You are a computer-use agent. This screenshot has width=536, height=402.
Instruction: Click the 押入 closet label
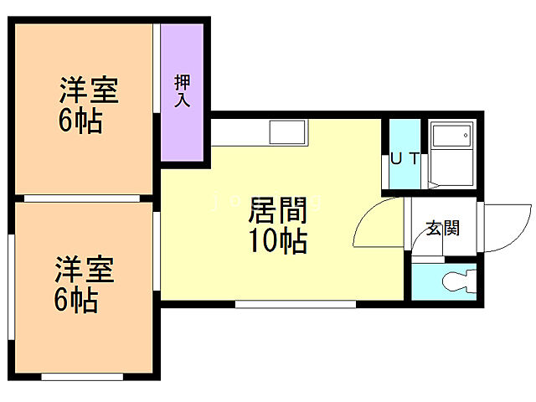pos(183,91)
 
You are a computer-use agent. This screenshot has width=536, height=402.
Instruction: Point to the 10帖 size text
pos(276,242)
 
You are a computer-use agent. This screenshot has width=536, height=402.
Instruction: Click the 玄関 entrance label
pos(442,228)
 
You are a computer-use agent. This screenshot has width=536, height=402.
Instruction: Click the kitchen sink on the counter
pos(287,132)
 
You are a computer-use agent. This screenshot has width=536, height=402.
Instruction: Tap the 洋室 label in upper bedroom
pos(88,90)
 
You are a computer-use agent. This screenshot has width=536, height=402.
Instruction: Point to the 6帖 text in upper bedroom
pos(80,122)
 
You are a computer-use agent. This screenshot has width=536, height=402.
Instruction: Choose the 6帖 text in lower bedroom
pos(77,299)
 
